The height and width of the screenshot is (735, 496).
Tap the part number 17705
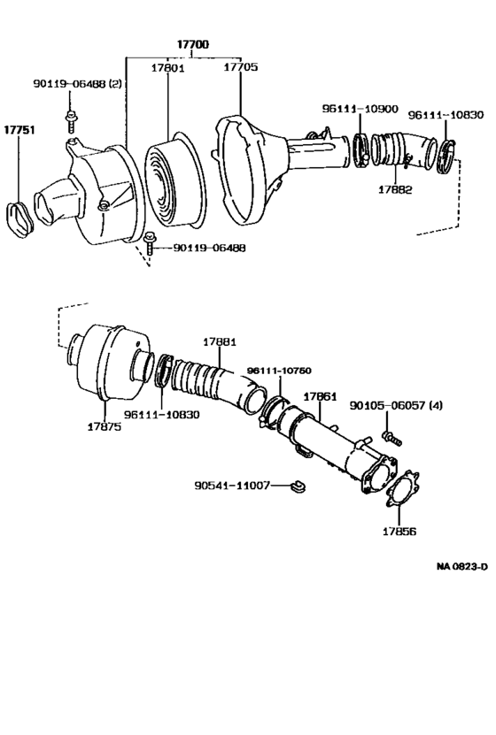240,65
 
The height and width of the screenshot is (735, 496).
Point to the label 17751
19,129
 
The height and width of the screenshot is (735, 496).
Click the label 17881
219,341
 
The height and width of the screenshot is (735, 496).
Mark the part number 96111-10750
279,370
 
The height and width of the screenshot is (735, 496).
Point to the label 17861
320,397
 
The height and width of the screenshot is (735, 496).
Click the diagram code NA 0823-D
461,567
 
